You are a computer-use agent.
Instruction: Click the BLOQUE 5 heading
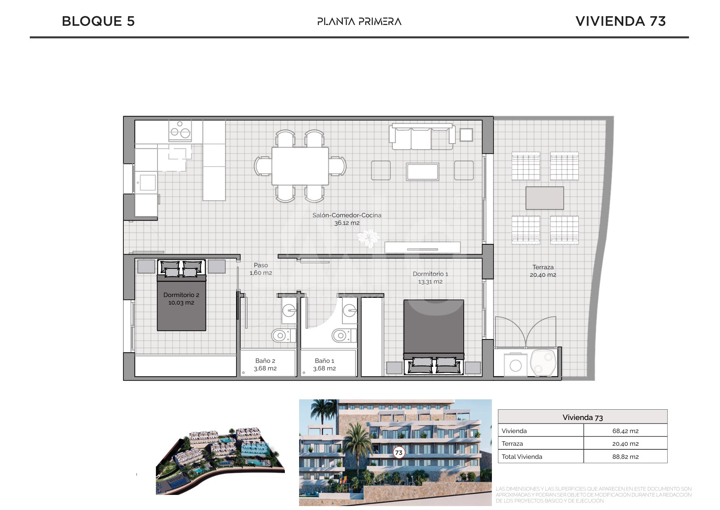98,21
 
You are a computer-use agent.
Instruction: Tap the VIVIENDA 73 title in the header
620,21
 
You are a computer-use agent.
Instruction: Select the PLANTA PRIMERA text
359,21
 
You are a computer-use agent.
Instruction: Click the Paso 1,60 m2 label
261,269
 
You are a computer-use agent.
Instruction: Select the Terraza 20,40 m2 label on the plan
543,271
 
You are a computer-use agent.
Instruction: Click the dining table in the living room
300,166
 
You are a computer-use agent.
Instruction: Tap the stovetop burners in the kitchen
180,130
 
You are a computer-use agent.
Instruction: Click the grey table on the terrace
545,198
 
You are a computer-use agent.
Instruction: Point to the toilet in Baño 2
283,336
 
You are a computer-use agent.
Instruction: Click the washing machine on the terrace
515,365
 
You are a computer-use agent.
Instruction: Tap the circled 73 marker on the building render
399,452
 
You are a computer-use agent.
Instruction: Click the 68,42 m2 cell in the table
625,431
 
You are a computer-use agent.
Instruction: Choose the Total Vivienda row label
522,457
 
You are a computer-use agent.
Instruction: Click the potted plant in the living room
369,238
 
